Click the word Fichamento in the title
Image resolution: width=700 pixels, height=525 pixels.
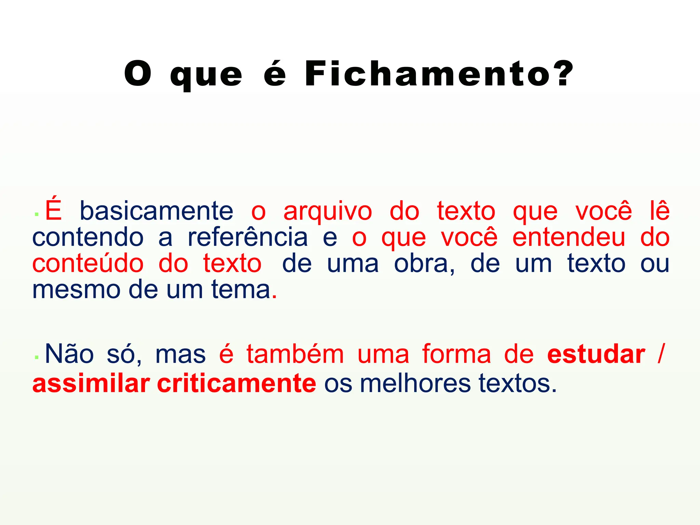(x=428, y=73)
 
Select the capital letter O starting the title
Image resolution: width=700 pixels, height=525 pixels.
(x=138, y=73)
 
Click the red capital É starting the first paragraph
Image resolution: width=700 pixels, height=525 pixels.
(x=53, y=209)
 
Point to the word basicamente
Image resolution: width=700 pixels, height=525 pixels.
(x=157, y=211)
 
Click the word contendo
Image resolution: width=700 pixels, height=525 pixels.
(x=88, y=237)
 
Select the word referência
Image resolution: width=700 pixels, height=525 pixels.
(x=248, y=237)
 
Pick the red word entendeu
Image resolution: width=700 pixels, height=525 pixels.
(x=569, y=237)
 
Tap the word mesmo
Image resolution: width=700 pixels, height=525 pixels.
(x=76, y=290)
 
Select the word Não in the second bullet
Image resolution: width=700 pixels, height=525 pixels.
(x=69, y=353)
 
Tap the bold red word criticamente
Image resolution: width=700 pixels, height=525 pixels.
(x=237, y=383)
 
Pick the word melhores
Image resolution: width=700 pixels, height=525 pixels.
(x=415, y=383)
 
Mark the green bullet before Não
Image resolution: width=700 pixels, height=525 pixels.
(x=36, y=358)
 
